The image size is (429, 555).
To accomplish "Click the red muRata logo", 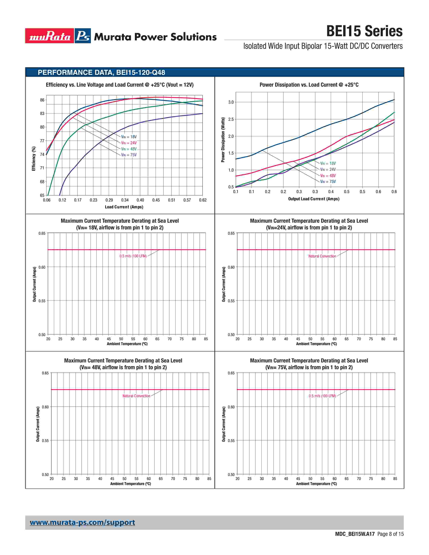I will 50,36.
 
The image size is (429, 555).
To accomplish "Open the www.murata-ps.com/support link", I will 82,523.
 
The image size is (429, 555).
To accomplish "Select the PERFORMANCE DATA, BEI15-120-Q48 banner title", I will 101,72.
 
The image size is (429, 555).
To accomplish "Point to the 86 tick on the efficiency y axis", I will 42,100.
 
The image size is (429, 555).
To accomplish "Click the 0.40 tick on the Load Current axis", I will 140,200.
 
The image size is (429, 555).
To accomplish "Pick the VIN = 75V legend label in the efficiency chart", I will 129,155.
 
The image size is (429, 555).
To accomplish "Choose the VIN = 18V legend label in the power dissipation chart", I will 328,163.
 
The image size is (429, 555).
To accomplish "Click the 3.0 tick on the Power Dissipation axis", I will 231,102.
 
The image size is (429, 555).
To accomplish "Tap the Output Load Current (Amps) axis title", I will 314,199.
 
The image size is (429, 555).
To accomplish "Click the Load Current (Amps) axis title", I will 124,207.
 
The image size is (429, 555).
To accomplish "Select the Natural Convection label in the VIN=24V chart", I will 322,256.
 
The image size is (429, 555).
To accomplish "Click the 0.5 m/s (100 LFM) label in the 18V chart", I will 133,256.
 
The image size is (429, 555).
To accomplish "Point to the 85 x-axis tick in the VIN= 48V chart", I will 209,478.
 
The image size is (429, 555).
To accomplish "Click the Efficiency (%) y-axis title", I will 33,159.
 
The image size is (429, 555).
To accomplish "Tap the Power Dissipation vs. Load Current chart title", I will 309,85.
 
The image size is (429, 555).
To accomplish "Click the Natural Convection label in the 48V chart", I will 136,396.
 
